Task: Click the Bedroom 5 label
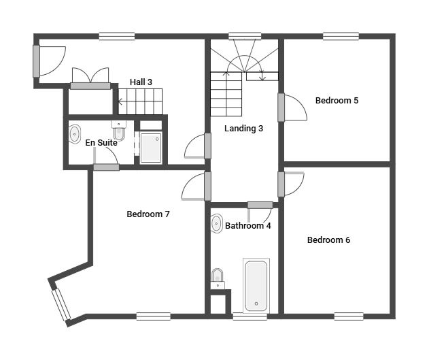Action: pos(337,101)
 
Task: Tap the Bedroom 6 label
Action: pos(328,240)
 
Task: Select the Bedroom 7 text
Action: pos(148,214)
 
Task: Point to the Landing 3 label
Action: pos(243,129)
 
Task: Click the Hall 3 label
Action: pos(141,82)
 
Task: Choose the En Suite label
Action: pos(101,143)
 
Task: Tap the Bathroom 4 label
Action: pos(248,226)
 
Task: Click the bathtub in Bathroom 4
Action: pos(256,286)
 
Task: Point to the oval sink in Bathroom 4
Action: pos(217,223)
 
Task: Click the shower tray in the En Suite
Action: pos(150,148)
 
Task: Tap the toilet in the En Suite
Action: pos(119,131)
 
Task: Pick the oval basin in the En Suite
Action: pos(74,134)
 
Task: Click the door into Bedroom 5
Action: pos(292,108)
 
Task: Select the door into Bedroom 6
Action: pos(291,184)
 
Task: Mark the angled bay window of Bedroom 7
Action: pos(61,304)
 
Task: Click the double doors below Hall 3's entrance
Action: pos(90,78)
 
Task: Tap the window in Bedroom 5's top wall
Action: pos(341,36)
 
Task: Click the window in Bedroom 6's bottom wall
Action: pos(349,316)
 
